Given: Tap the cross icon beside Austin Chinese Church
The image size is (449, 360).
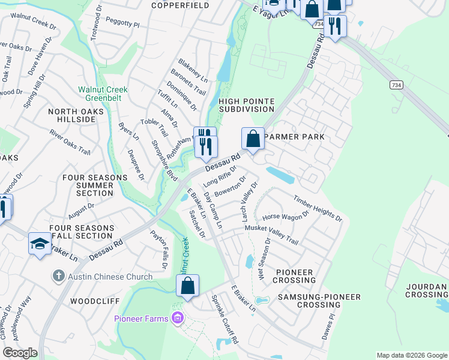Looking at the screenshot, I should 58,276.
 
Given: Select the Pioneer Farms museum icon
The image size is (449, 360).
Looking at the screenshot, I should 177,317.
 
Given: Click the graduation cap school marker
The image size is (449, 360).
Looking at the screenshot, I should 40,243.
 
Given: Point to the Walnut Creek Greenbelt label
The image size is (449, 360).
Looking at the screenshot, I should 103,94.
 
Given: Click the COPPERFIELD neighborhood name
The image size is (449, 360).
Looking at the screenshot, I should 172,5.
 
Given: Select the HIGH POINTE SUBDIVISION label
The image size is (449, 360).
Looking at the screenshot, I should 246,105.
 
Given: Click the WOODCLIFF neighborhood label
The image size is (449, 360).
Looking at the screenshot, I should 92,300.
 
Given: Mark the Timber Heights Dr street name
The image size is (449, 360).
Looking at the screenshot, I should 318,208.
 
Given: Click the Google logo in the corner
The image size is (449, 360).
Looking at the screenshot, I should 20,353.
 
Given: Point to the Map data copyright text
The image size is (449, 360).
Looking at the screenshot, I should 412,355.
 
